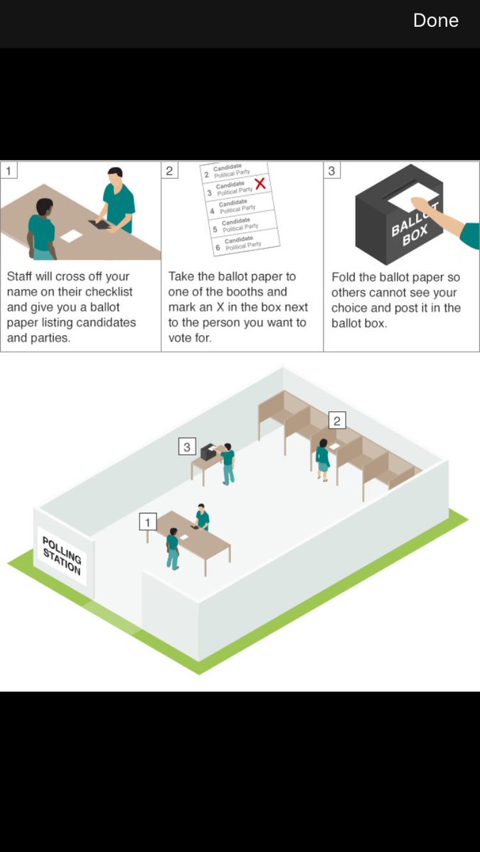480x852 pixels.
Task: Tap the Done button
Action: (435, 21)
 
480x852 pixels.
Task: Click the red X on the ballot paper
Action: (260, 184)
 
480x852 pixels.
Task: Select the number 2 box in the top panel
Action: (169, 171)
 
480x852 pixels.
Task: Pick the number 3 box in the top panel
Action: (331, 171)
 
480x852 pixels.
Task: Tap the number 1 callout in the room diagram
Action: (148, 523)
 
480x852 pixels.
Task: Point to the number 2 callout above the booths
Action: (337, 420)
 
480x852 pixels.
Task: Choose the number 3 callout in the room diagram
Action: (187, 447)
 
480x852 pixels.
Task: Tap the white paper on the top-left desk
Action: (71, 236)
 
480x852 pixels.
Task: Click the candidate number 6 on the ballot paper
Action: (218, 248)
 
